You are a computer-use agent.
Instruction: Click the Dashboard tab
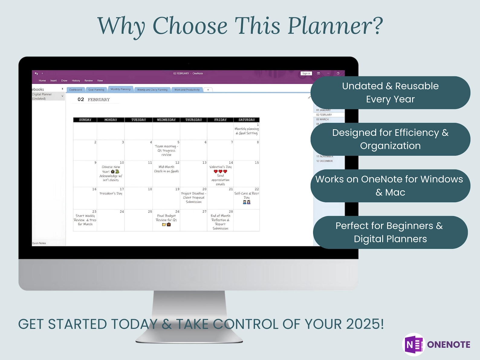[75, 90]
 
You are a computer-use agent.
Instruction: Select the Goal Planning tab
[96, 90]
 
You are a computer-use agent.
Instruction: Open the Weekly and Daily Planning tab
[152, 90]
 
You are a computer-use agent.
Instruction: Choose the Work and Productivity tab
[187, 90]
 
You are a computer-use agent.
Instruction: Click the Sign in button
[306, 73]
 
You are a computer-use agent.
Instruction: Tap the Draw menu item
[64, 81]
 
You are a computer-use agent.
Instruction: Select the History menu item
[76, 81]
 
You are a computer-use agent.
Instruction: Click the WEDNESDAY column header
[166, 120]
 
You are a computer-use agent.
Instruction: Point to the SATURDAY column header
[246, 120]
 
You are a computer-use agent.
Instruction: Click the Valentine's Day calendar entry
[220, 167]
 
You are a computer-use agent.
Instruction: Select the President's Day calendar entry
[111, 193]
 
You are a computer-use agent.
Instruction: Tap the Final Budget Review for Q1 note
[166, 218]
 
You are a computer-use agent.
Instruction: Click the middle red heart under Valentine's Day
[220, 171]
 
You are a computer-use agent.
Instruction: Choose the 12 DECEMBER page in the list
[324, 161]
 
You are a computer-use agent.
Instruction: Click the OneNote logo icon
[414, 345]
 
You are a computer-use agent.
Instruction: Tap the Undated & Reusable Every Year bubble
[390, 92]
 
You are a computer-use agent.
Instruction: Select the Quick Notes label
[39, 243]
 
